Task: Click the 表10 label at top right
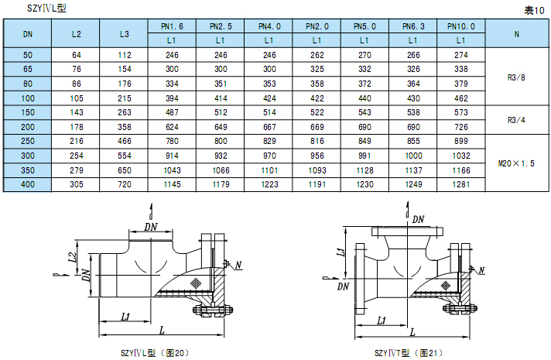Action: (x=534, y=11)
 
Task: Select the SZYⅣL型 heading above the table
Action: (x=46, y=8)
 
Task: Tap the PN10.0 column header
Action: (x=461, y=26)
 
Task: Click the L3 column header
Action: (x=125, y=34)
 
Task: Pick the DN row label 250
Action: (x=28, y=142)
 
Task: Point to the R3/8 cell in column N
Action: (x=516, y=77)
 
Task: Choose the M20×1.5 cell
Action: (x=516, y=163)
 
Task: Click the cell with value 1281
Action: (x=461, y=184)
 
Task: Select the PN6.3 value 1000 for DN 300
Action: (x=413, y=156)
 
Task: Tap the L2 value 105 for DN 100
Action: (x=77, y=98)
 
